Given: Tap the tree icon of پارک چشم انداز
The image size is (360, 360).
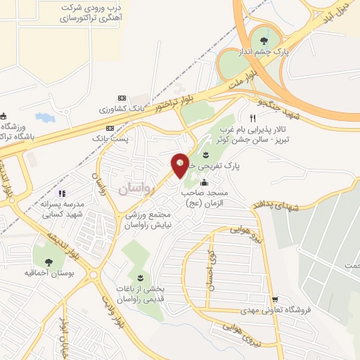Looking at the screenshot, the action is (264, 40).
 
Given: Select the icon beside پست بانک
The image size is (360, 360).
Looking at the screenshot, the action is (110, 128).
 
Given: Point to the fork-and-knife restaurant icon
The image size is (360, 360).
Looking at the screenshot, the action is (252, 117).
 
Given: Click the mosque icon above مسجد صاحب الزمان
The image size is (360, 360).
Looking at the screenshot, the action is (205, 184).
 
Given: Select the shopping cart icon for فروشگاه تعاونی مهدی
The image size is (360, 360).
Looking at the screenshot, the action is (275, 298).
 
